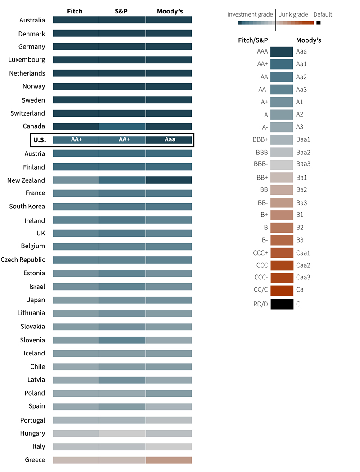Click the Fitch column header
click(75, 11)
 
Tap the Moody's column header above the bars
click(170, 11)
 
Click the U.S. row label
click(39, 140)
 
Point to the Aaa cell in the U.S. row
click(169, 140)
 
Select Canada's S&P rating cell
click(122, 127)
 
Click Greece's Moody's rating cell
click(169, 460)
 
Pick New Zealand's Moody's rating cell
click(169, 180)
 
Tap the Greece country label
click(35, 460)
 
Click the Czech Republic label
click(23, 260)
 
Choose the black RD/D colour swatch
click(282, 304)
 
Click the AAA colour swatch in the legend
click(282, 52)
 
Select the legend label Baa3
click(303, 164)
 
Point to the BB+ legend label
click(262, 178)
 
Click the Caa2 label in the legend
click(303, 265)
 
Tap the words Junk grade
click(293, 14)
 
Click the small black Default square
click(319, 22)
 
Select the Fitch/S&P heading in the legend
click(253, 40)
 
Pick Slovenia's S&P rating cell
click(122, 340)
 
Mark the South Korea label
click(27, 207)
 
